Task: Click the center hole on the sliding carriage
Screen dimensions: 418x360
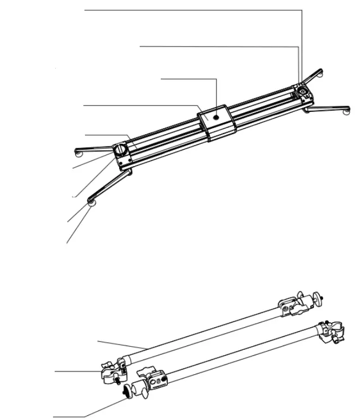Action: pyautogui.click(x=216, y=116)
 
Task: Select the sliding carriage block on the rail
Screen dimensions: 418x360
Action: pyautogui.click(x=216, y=123)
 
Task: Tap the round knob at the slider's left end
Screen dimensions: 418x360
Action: pyautogui.click(x=121, y=149)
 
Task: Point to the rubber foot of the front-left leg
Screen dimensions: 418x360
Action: pyautogui.click(x=92, y=202)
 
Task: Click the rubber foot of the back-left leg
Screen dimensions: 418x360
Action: pyautogui.click(x=80, y=153)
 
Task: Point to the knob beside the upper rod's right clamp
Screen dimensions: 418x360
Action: pyautogui.click(x=322, y=296)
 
